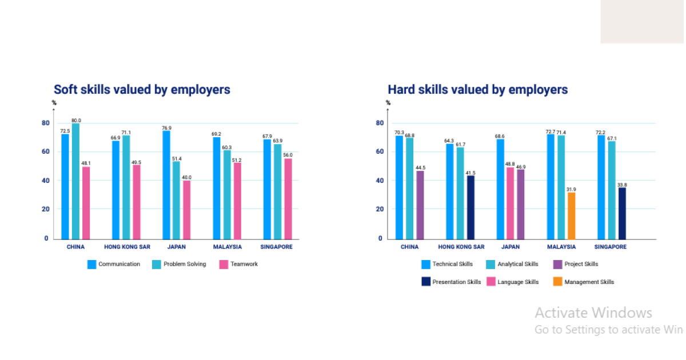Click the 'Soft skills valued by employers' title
142,90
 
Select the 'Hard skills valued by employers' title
477,90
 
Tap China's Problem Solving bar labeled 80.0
75,181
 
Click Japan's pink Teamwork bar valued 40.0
187,210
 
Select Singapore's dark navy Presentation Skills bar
622,213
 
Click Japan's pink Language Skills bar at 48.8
510,203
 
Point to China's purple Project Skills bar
420,205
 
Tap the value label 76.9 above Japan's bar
166,128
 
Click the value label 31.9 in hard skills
571,189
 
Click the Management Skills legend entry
583,282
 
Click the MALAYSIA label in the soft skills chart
227,247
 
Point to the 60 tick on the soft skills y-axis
45,152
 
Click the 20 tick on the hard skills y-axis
379,209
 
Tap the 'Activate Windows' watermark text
593,313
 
